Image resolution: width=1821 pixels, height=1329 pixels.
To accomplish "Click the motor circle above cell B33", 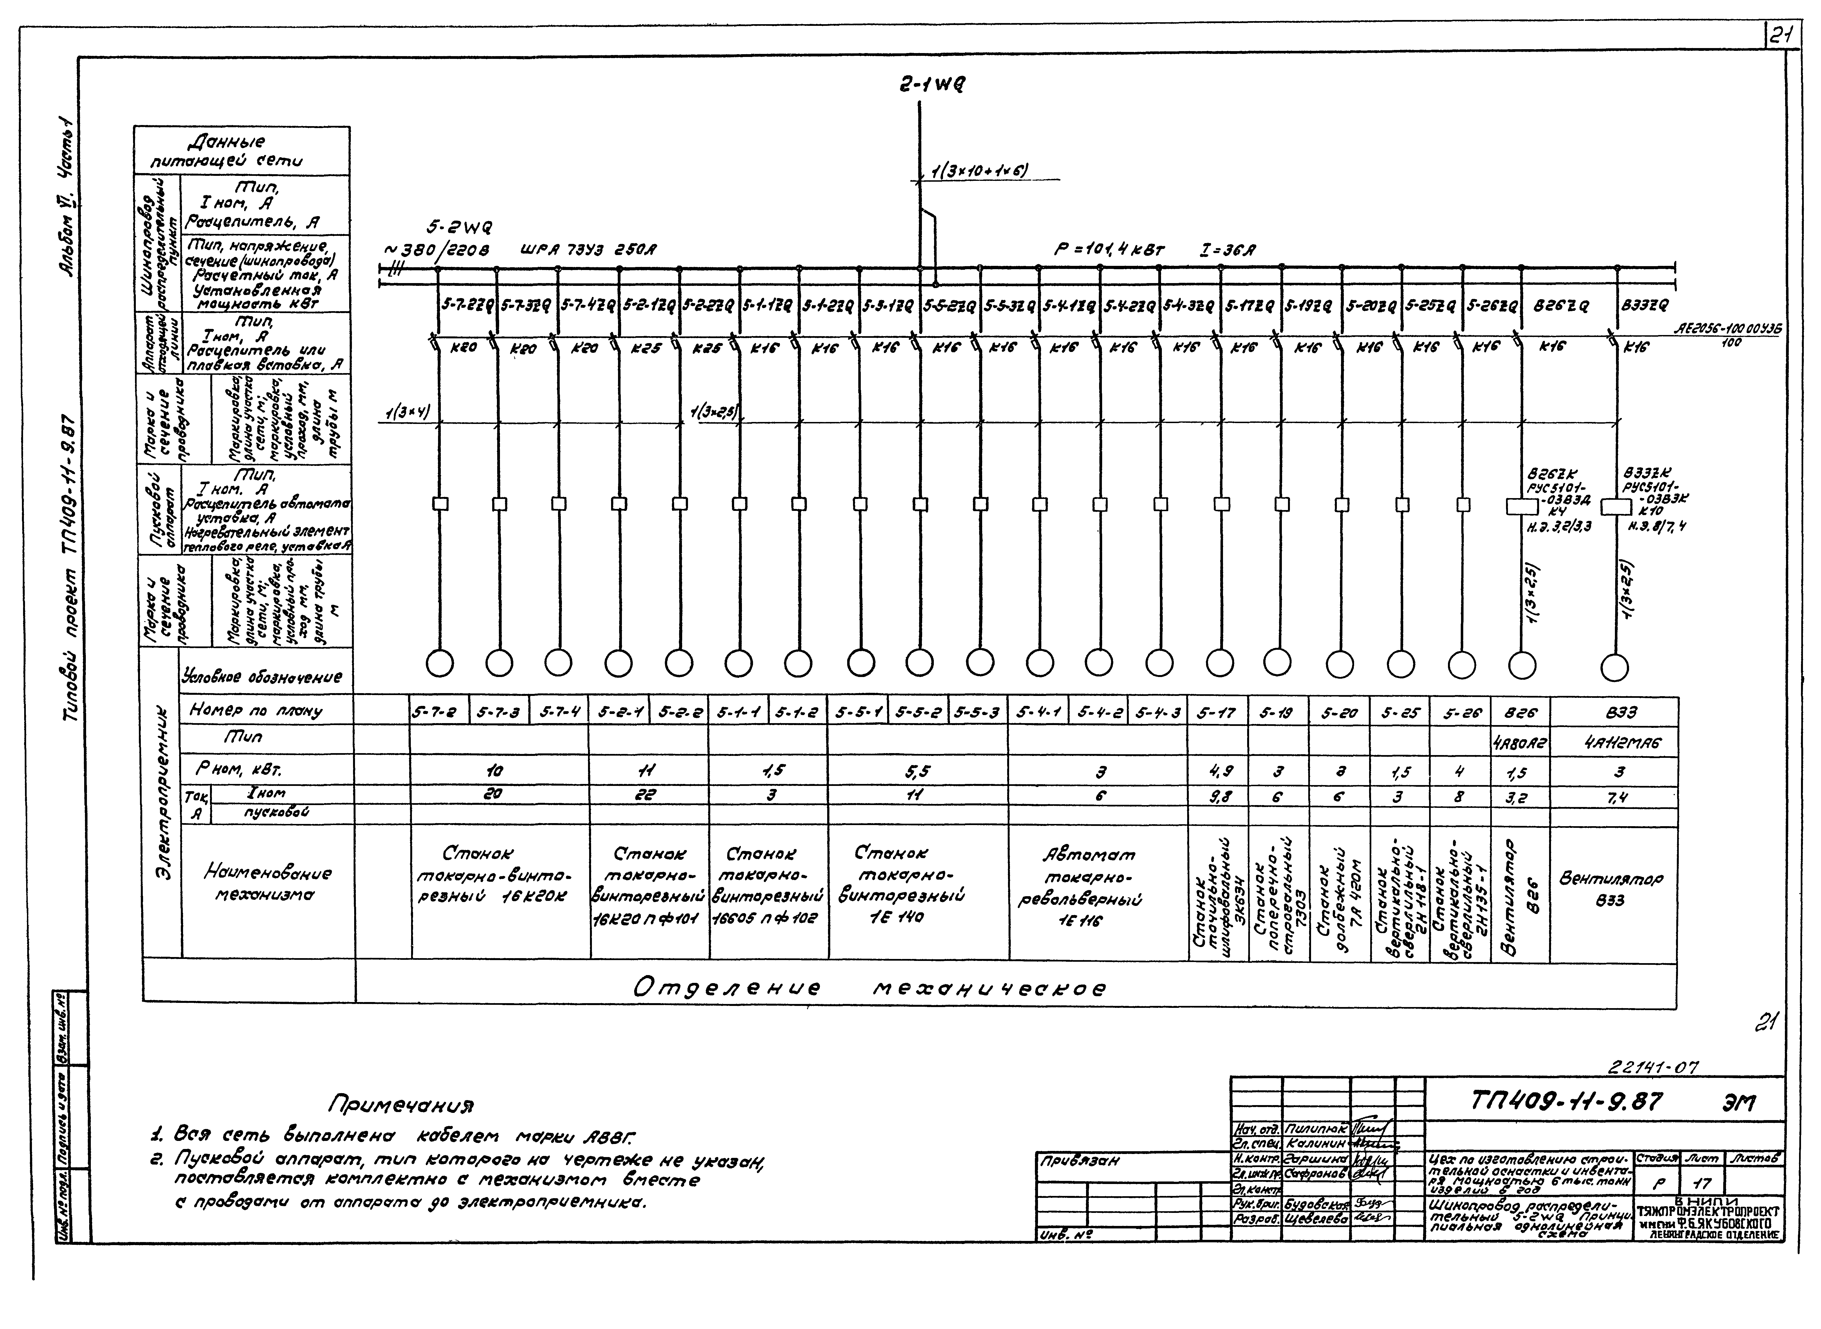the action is tap(1614, 667).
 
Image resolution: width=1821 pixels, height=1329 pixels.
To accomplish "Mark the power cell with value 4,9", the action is tap(1217, 771).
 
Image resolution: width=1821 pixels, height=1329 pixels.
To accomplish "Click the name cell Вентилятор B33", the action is tap(1614, 890).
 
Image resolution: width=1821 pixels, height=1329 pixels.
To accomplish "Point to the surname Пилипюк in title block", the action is tap(1316, 1130).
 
